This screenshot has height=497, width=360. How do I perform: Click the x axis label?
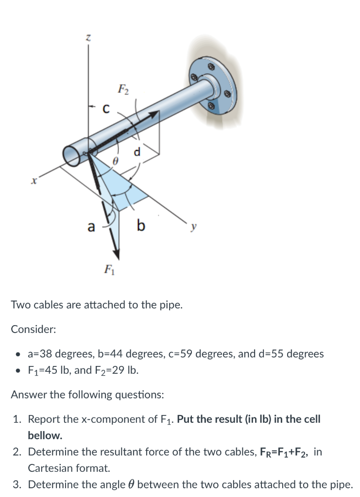[x=34, y=181]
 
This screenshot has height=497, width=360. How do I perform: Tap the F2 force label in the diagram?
[x=123, y=89]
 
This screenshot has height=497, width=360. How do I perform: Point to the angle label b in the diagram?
[x=141, y=225]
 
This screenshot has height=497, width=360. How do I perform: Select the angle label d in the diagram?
[x=138, y=152]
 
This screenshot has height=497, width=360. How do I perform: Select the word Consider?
[x=33, y=329]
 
